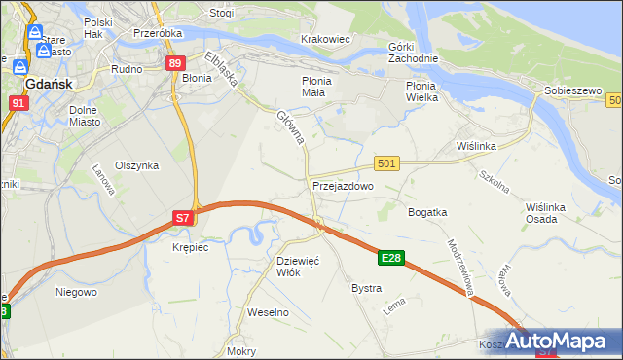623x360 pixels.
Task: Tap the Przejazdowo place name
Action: [343, 185]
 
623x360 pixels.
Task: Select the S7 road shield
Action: [183, 219]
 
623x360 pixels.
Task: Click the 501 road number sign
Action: [386, 164]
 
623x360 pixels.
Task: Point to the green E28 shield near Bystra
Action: [391, 258]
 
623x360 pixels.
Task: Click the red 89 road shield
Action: [174, 63]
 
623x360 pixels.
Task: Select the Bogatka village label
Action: [427, 211]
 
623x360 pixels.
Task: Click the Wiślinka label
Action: [477, 146]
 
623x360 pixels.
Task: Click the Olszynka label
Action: [136, 165]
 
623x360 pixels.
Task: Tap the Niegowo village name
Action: [76, 291]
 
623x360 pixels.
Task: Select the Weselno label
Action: [269, 312]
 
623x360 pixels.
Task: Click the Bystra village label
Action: [366, 289]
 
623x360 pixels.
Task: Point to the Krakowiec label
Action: [325, 39]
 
